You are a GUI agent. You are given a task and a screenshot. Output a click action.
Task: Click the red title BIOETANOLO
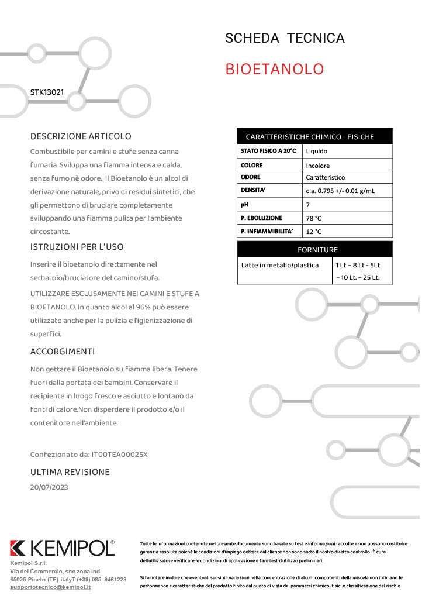point(274,69)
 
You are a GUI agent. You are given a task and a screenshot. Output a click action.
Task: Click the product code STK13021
point(47,92)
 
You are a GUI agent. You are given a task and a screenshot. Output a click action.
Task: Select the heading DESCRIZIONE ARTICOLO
point(81,136)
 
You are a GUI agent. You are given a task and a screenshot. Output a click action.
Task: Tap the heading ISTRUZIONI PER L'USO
point(77,247)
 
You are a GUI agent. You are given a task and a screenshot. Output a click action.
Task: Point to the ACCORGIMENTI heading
point(63,352)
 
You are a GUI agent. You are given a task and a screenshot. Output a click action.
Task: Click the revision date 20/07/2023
point(49,487)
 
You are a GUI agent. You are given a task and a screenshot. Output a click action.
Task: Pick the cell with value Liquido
point(317,151)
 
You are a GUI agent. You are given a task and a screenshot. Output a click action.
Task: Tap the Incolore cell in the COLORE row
point(318,166)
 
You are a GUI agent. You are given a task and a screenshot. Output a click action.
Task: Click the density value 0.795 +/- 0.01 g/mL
point(340,191)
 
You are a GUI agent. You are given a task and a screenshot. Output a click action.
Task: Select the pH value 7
point(308,205)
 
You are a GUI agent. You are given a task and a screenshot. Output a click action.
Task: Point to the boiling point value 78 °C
point(314,218)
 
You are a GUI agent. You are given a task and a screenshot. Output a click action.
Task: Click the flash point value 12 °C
point(314,232)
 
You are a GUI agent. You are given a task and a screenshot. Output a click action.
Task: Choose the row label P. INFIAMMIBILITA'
point(267,232)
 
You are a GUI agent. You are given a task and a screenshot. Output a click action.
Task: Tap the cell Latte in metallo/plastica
point(280,265)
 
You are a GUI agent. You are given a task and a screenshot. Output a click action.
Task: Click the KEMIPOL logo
point(63,548)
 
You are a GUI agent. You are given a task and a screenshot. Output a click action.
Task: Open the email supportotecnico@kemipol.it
point(50,587)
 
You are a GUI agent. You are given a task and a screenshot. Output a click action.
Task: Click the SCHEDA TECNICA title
point(285,39)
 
